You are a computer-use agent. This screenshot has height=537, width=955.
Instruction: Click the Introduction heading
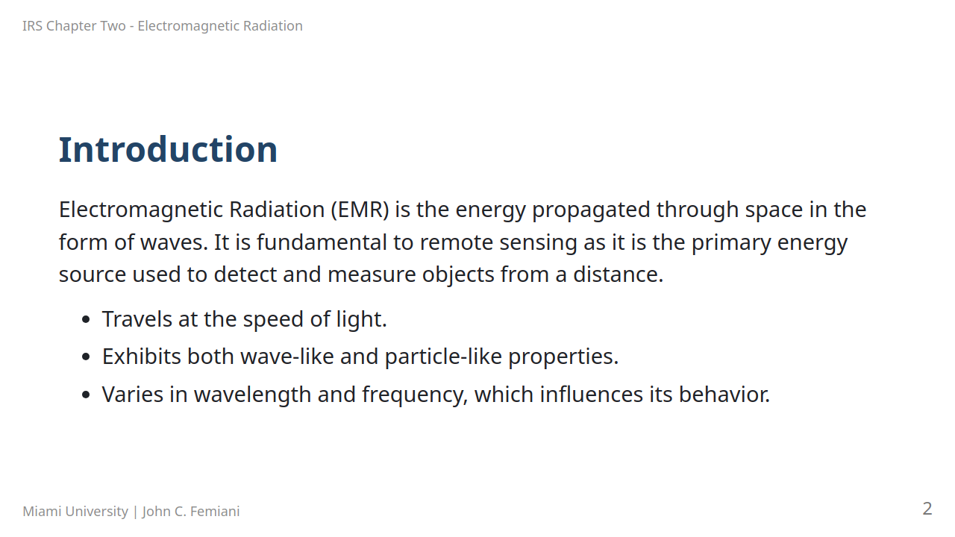(x=168, y=150)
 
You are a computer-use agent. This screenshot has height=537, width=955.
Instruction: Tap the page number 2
(x=927, y=509)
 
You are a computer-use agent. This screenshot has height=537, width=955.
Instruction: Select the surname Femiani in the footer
(x=215, y=511)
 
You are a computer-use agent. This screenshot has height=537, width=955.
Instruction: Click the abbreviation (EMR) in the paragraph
(x=360, y=210)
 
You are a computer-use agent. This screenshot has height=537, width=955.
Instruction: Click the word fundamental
(x=322, y=242)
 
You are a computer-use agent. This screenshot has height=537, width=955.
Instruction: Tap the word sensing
(x=538, y=243)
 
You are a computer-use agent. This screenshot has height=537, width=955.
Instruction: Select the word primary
(x=731, y=243)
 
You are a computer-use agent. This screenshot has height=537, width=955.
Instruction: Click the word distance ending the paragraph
(x=619, y=274)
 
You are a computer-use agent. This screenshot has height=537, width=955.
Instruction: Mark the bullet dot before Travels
(x=86, y=319)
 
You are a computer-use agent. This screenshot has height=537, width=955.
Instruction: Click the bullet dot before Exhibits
(x=86, y=357)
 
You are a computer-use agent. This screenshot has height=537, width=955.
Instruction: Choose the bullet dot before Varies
(x=86, y=395)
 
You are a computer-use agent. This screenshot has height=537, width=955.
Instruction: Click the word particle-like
(x=443, y=357)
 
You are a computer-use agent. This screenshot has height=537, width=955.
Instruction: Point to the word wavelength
(x=253, y=395)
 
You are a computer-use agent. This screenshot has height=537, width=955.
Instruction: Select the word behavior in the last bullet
(x=724, y=395)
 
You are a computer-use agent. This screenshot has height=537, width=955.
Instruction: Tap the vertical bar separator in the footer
(x=135, y=512)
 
